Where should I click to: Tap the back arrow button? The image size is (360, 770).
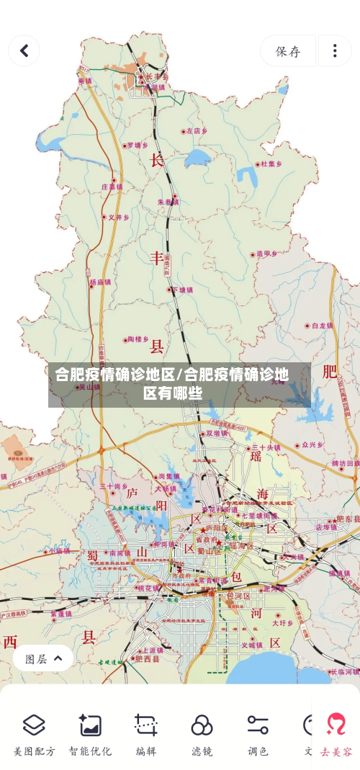pos(24,50)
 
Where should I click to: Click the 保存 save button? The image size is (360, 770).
pos(288,51)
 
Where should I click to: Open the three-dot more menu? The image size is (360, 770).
pos(335,51)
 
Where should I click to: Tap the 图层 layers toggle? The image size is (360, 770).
pos(43,658)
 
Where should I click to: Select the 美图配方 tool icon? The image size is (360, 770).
pos(34,725)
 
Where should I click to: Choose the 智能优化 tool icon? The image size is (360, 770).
pos(90,725)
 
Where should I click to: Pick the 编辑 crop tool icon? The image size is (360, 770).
pos(146,725)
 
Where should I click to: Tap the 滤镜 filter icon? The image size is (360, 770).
pos(202,725)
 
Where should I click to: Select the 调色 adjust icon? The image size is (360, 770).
pos(258,725)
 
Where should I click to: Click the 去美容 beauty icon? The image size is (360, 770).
pos(336,725)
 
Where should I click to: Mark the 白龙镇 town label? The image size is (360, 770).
pos(322,326)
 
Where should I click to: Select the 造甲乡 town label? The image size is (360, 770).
pos(266,254)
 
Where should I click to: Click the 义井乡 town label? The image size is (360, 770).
pos(118,217)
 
